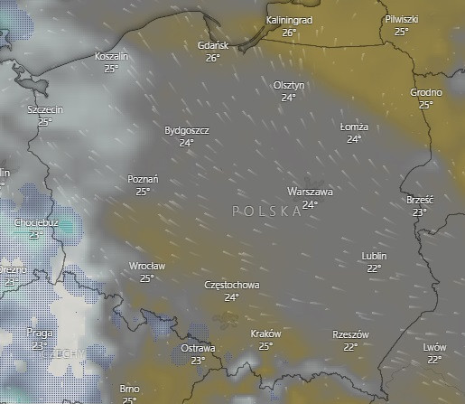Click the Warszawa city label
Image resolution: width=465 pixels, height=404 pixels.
coord(310,193)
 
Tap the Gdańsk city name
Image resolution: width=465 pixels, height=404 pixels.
coord(214,45)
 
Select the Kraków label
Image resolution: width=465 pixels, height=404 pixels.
coord(265,334)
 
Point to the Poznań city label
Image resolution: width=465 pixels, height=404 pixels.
coord(143,179)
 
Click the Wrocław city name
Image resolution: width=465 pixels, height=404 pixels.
coord(146,266)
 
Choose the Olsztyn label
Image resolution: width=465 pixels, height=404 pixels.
coord(289,85)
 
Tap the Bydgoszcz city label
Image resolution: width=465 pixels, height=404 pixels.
coord(187,130)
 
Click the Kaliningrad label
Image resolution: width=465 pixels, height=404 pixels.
coord(289,20)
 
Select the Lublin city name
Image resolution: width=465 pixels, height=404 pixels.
coord(373,256)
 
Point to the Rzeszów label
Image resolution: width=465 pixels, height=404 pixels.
coord(351,334)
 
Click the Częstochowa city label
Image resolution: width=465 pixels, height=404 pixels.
coord(232,285)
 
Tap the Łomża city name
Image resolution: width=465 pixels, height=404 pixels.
coord(354,127)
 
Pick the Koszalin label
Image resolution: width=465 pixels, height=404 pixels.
coord(112,56)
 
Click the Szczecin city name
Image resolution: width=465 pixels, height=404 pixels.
coord(45,109)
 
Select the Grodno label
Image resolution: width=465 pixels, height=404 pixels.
coord(426,92)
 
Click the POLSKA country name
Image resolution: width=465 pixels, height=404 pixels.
coord(266,211)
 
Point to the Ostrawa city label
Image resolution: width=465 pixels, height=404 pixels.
coord(198,348)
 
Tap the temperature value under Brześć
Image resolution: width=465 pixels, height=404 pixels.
coord(420,212)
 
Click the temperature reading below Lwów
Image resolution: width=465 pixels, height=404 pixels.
coord(434,359)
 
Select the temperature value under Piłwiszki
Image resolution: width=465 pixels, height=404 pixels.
coord(401,31)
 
